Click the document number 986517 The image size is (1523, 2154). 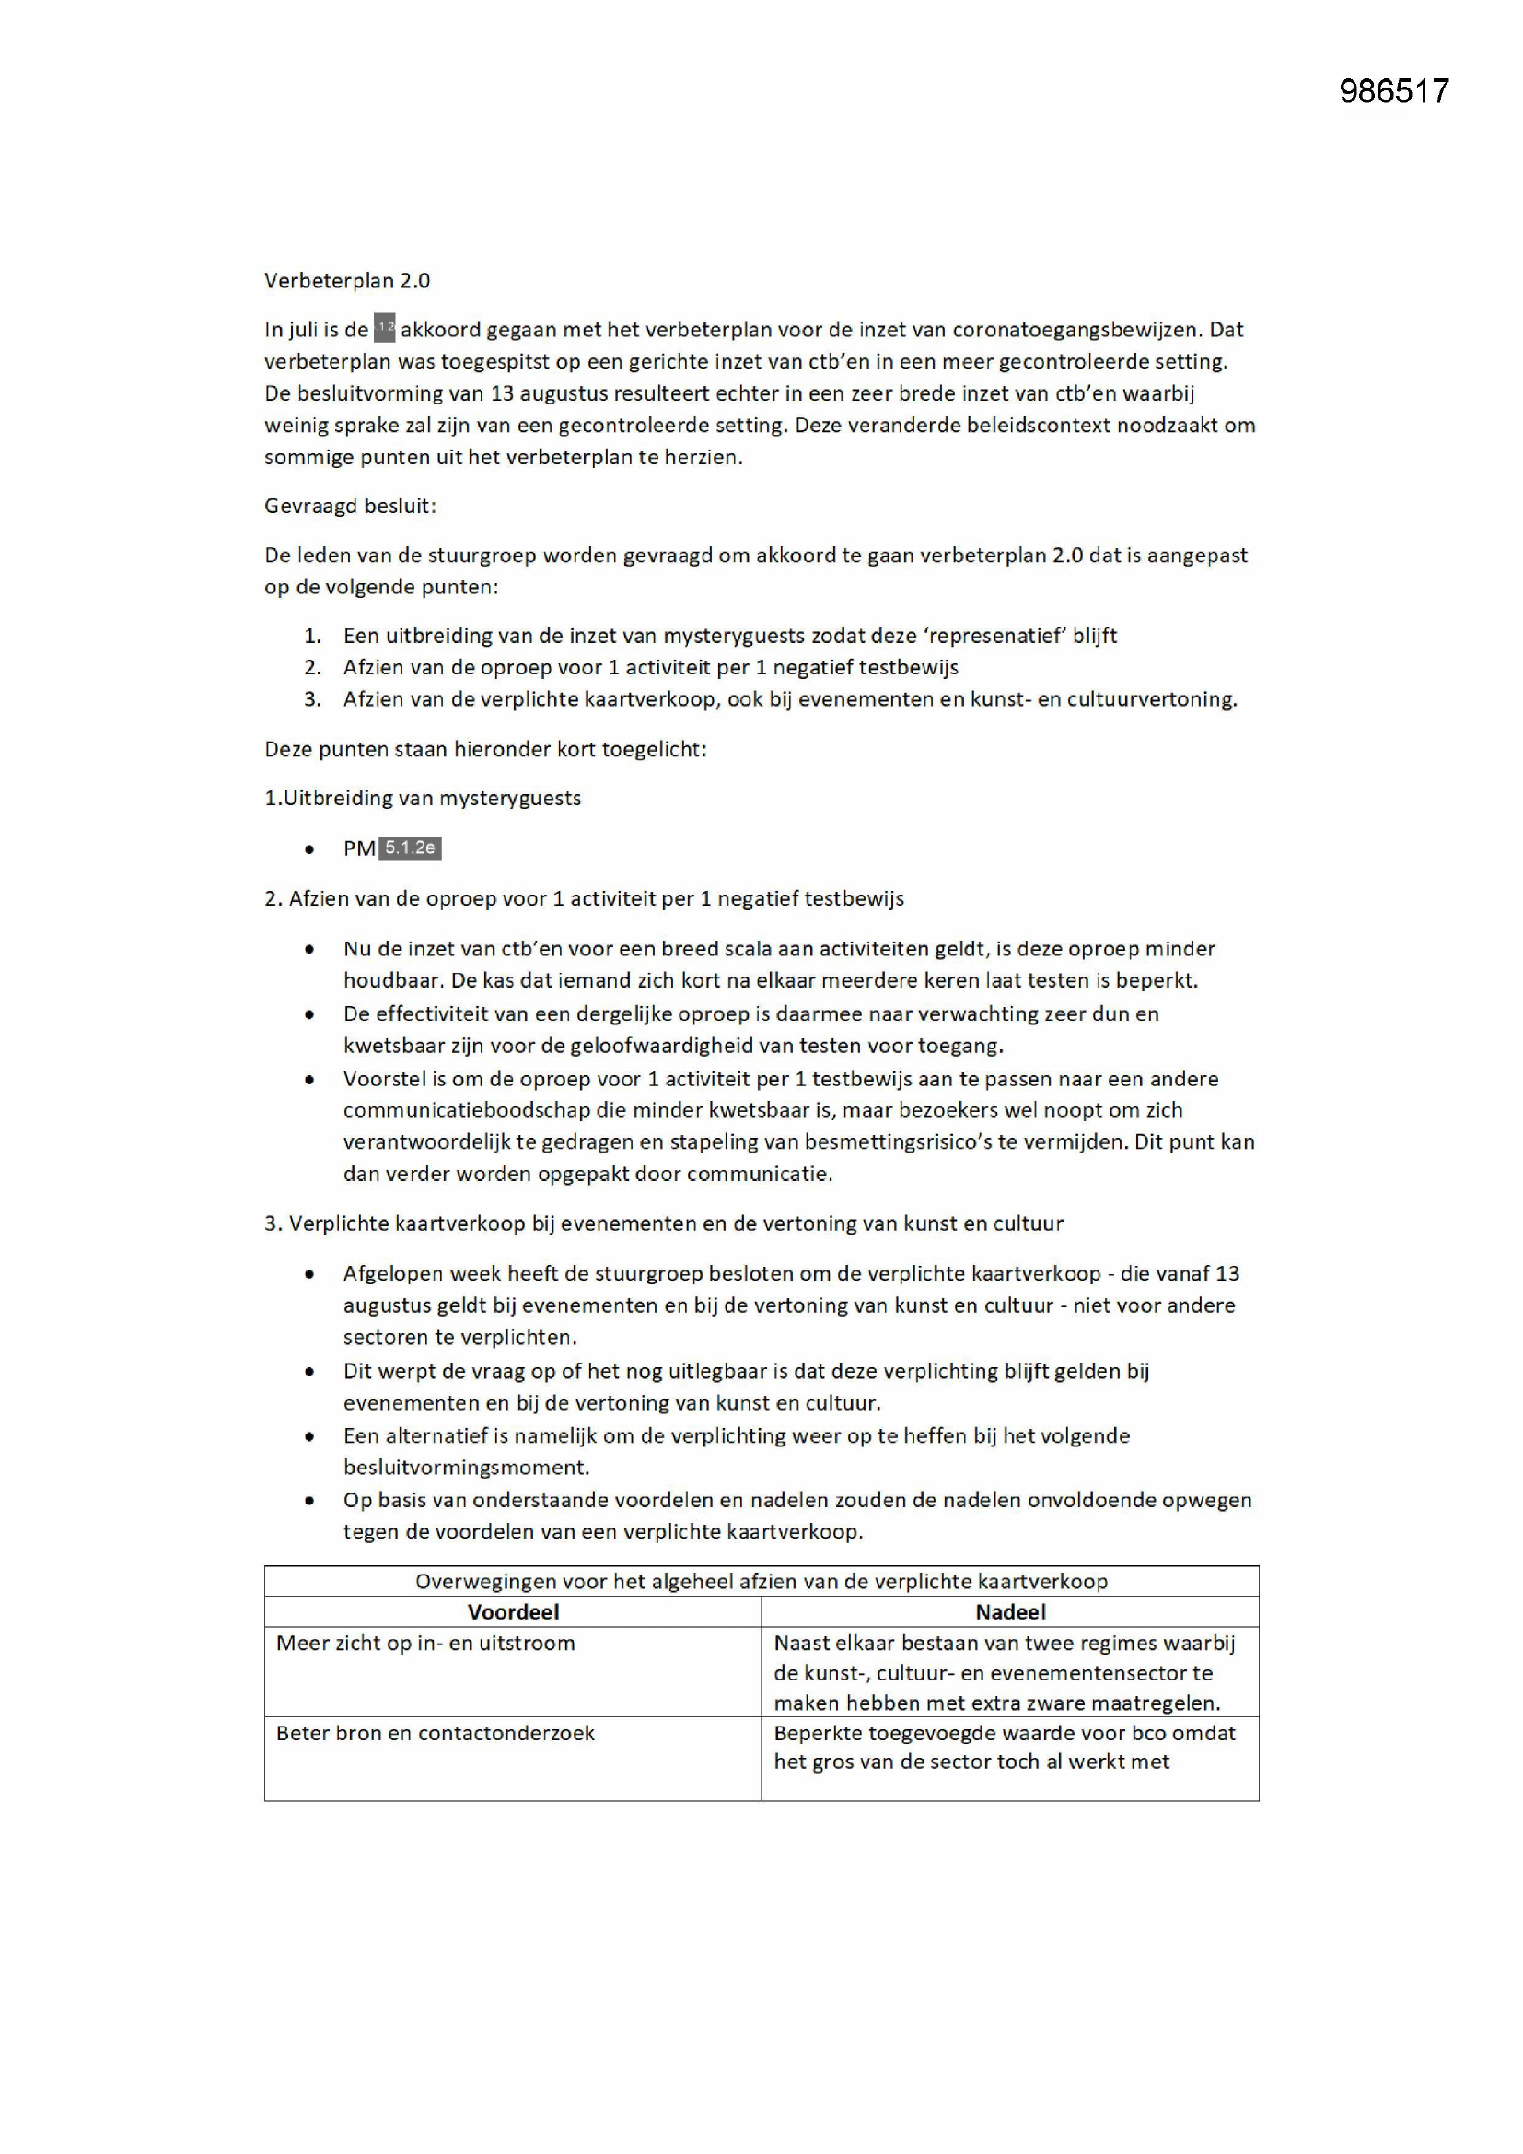point(1393,91)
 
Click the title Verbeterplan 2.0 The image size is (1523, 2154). point(347,280)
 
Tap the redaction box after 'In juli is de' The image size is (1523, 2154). point(385,329)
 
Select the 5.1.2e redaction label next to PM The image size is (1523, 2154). point(410,849)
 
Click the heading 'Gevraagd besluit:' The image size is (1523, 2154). point(350,507)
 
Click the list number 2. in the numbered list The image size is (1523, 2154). point(312,667)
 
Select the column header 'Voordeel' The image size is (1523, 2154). point(513,1611)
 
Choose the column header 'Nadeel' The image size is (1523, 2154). point(1010,1611)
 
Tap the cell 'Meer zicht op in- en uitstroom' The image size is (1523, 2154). point(424,1643)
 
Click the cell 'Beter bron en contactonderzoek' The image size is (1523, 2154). point(436,1733)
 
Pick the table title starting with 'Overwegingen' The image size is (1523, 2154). point(761,1581)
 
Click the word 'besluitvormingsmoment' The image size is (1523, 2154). point(466,1468)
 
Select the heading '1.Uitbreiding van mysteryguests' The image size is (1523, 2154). point(422,799)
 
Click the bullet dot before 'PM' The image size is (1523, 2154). point(309,850)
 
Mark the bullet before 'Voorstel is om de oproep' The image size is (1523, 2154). point(309,1080)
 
